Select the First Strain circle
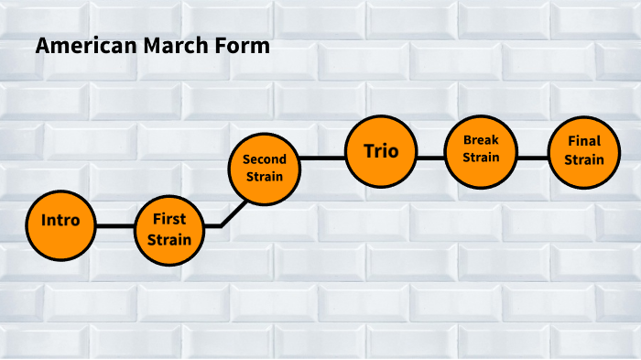click(169, 229)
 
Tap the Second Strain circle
click(264, 168)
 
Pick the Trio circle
click(381, 151)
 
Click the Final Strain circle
click(583, 151)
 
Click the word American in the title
click(81, 47)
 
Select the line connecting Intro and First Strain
click(114, 226)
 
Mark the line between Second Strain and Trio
click(321, 158)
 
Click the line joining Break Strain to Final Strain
click(532, 158)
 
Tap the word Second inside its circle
click(264, 159)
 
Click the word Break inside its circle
click(481, 140)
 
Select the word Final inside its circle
click(583, 142)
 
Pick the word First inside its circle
click(169, 220)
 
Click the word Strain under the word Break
click(481, 158)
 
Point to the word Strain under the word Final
click(583, 160)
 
